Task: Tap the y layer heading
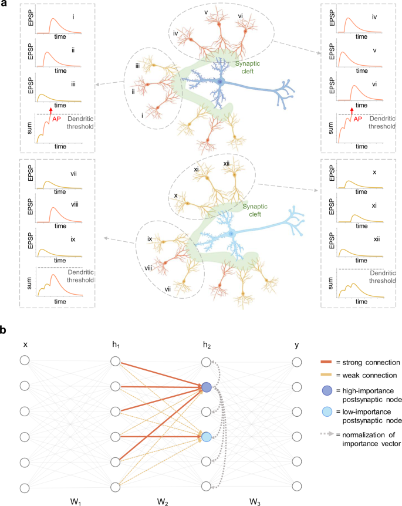(297, 346)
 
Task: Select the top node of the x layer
(25, 361)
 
